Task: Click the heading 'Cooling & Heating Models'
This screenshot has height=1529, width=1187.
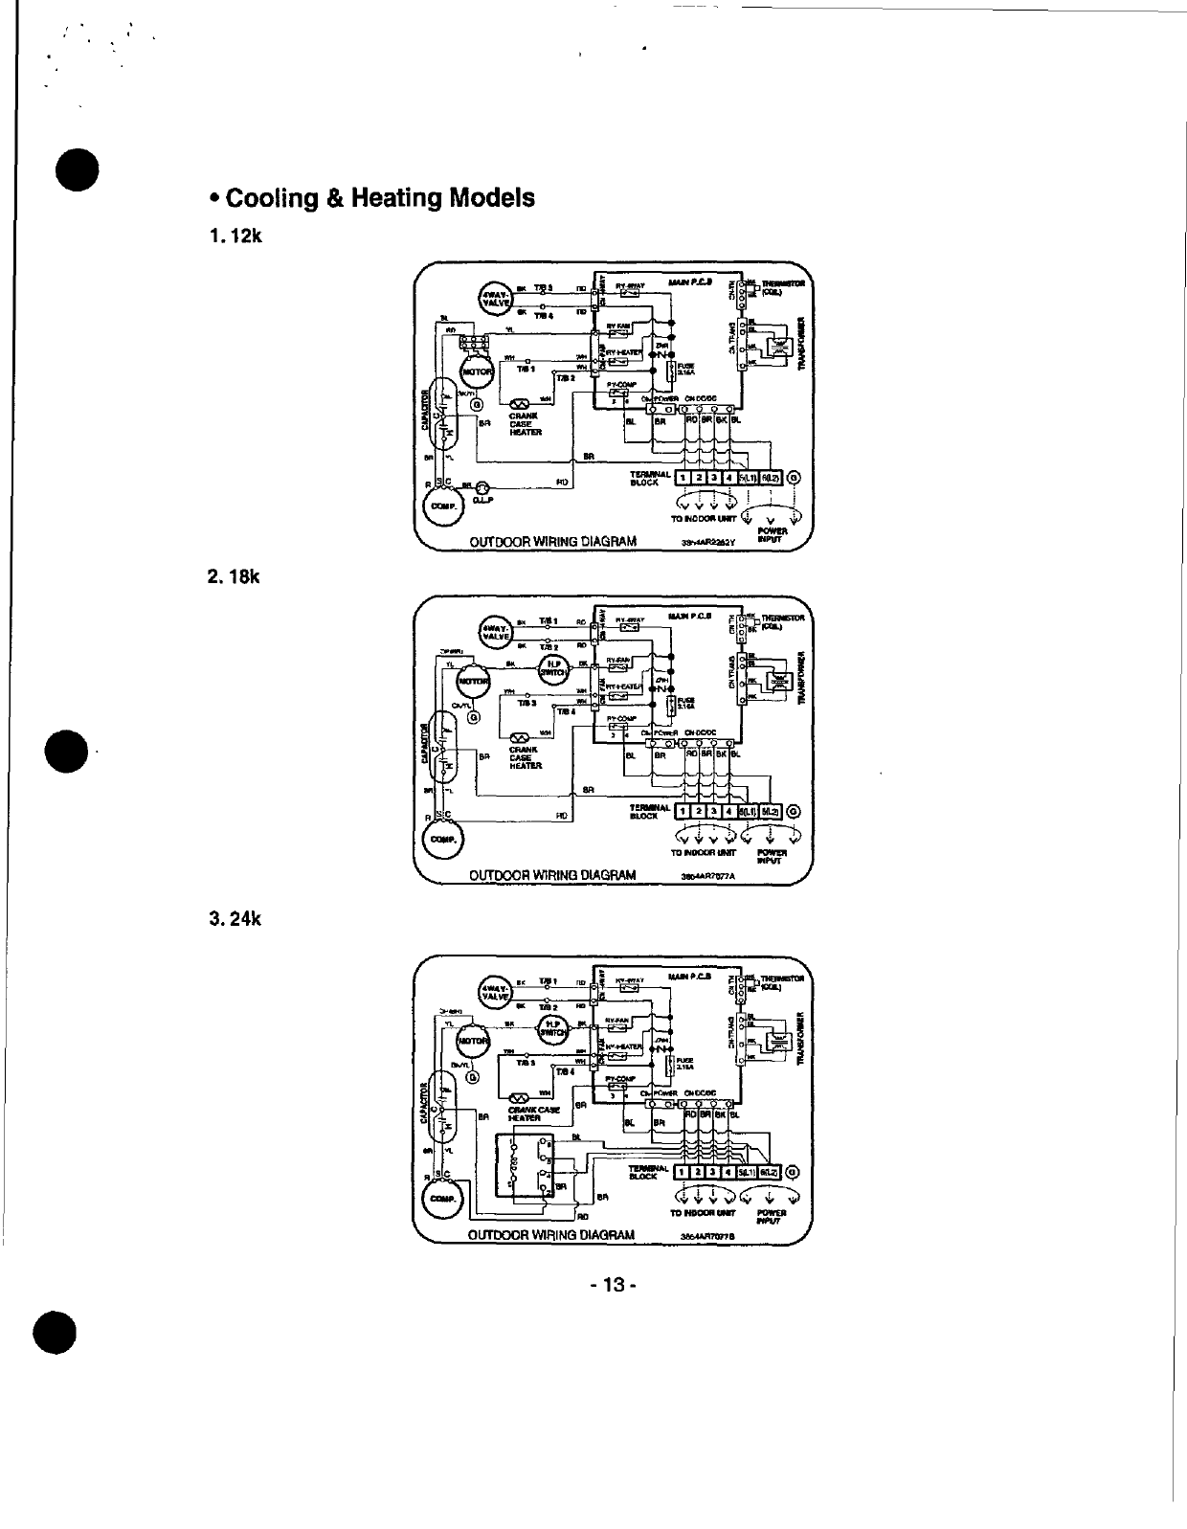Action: pos(371,198)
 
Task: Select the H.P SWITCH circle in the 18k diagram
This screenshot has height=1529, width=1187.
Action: pos(554,667)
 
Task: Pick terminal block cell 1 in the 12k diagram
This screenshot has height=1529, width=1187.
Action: pos(682,478)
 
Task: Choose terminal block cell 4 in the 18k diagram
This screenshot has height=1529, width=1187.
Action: pos(729,812)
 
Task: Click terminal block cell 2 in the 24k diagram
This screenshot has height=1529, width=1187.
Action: pos(698,1172)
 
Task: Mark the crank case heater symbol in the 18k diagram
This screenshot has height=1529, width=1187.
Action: pos(521,736)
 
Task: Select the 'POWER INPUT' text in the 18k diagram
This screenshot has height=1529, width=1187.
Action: pos(771,855)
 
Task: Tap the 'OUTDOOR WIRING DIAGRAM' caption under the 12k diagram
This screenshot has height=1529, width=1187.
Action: pos(552,541)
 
